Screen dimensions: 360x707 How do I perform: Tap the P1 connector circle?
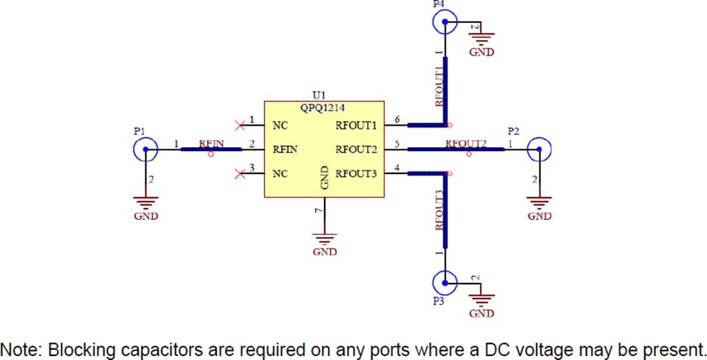(x=145, y=150)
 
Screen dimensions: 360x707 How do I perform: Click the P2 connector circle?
(x=539, y=150)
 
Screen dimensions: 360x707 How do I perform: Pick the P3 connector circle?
(x=445, y=282)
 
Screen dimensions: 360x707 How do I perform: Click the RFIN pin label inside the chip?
(x=285, y=150)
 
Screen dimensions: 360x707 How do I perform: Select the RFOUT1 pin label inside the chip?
(x=356, y=126)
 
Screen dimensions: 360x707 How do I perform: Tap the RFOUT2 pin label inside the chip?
(x=356, y=150)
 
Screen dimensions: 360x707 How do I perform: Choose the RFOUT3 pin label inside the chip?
(x=356, y=174)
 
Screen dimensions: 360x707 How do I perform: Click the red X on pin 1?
(x=240, y=124)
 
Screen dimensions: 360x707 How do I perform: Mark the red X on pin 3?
(x=240, y=173)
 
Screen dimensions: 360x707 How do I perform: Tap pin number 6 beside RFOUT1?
(x=397, y=119)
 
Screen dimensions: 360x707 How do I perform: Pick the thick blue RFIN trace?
(x=211, y=150)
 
